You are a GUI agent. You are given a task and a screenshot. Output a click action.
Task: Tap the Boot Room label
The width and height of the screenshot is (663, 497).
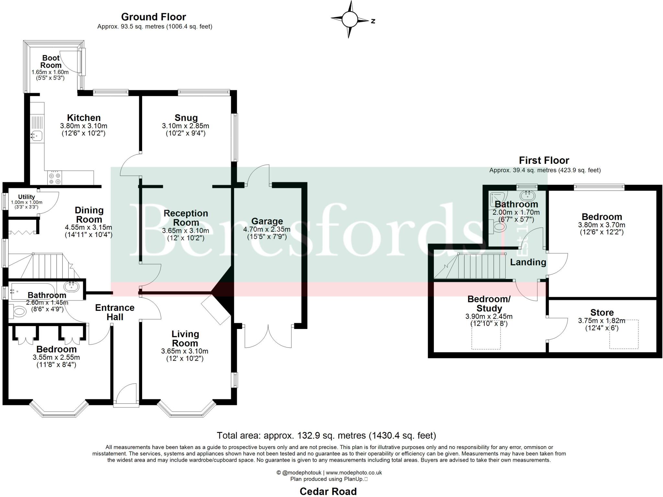point(51,62)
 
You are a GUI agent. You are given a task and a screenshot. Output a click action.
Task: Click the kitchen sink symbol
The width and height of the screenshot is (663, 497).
point(37,135)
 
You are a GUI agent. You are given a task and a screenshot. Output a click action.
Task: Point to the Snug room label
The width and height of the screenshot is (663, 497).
point(186,118)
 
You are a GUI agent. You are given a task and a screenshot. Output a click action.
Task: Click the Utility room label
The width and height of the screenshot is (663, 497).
point(27,197)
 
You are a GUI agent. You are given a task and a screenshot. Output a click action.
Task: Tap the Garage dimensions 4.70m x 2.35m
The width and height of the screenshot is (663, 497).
point(267,230)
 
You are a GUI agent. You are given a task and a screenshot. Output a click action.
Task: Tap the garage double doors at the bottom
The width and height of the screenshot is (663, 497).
point(268,337)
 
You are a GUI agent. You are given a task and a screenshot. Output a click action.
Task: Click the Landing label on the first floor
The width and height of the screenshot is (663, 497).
point(528,262)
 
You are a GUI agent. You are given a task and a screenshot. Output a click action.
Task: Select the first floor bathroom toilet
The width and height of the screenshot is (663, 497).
point(498,227)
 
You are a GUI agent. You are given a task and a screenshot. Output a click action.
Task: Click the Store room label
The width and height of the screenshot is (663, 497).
point(602,312)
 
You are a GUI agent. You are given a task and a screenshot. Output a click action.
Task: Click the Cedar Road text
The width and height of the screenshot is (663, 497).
point(328,491)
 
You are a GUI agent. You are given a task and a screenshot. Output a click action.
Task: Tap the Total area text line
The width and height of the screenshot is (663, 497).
point(326,435)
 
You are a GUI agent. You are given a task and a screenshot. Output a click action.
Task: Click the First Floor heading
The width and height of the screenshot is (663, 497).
point(544,161)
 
